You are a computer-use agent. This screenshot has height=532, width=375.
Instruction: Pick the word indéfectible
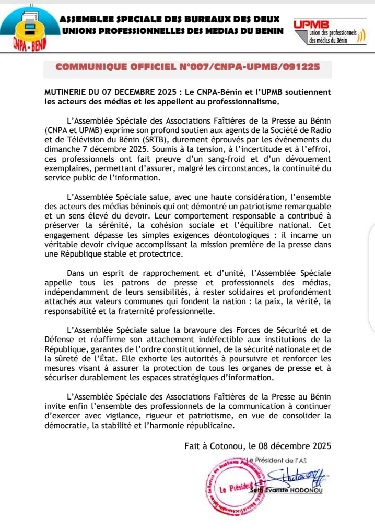tap(238, 339)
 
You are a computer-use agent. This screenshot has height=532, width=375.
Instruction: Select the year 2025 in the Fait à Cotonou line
tap(320, 446)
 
